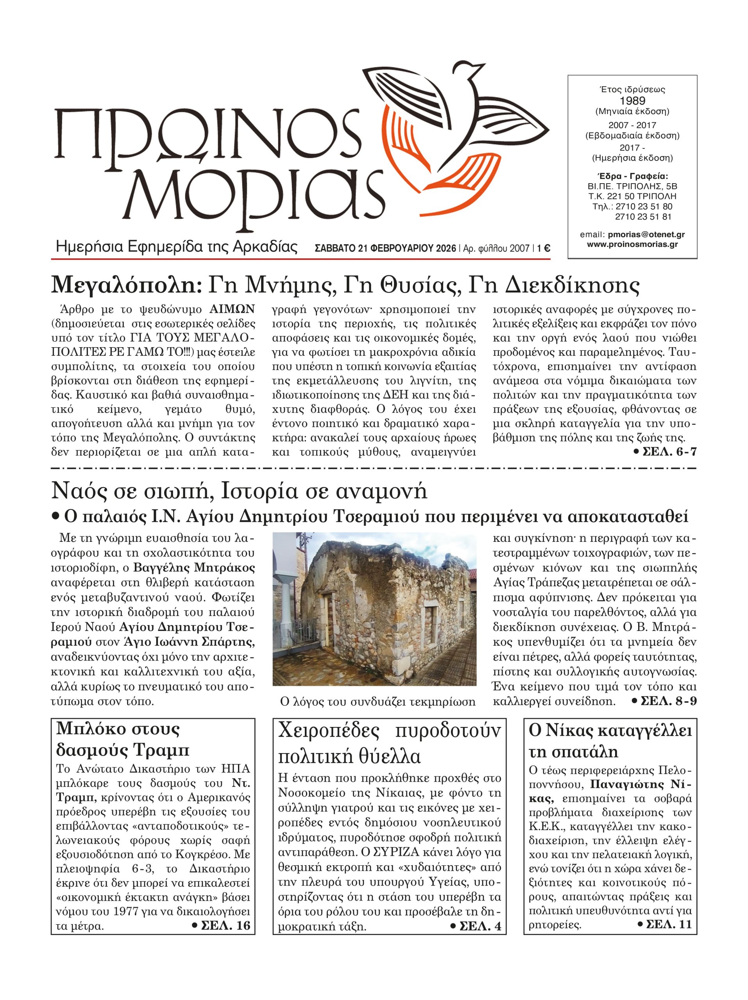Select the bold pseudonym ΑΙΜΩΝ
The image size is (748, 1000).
click(x=232, y=310)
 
